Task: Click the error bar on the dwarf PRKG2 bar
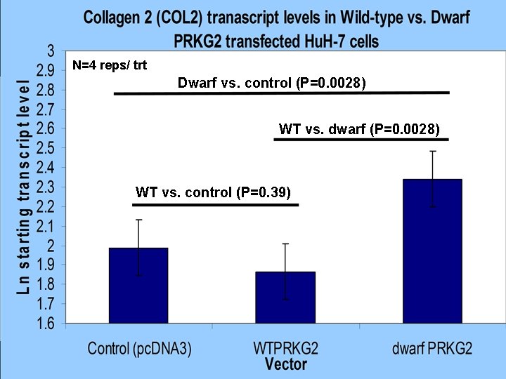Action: (x=432, y=178)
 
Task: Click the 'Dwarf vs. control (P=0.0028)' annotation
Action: (x=272, y=84)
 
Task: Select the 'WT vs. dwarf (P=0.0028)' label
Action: (x=359, y=129)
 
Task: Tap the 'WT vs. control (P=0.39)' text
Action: (x=213, y=192)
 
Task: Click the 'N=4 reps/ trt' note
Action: (x=110, y=65)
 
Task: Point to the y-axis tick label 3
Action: (x=51, y=51)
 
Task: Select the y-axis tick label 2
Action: (x=51, y=246)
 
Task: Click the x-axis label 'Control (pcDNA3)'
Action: (x=139, y=348)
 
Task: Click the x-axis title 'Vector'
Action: (x=286, y=364)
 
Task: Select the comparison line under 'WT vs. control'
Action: (x=215, y=204)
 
